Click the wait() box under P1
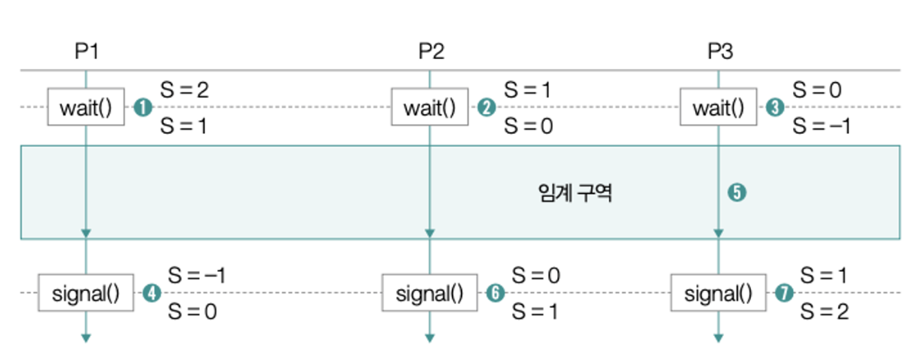point(86,107)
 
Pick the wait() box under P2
point(429,107)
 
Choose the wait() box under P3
point(718,107)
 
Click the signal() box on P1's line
point(86,293)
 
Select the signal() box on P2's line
point(429,293)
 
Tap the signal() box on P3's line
point(718,293)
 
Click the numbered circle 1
point(141,108)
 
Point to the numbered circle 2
point(485,108)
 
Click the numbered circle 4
point(152,293)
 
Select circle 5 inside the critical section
point(737,193)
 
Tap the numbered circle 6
point(494,293)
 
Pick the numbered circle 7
point(783,293)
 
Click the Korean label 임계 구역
point(575,193)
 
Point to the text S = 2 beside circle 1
point(184,90)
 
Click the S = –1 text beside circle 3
point(821,126)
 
